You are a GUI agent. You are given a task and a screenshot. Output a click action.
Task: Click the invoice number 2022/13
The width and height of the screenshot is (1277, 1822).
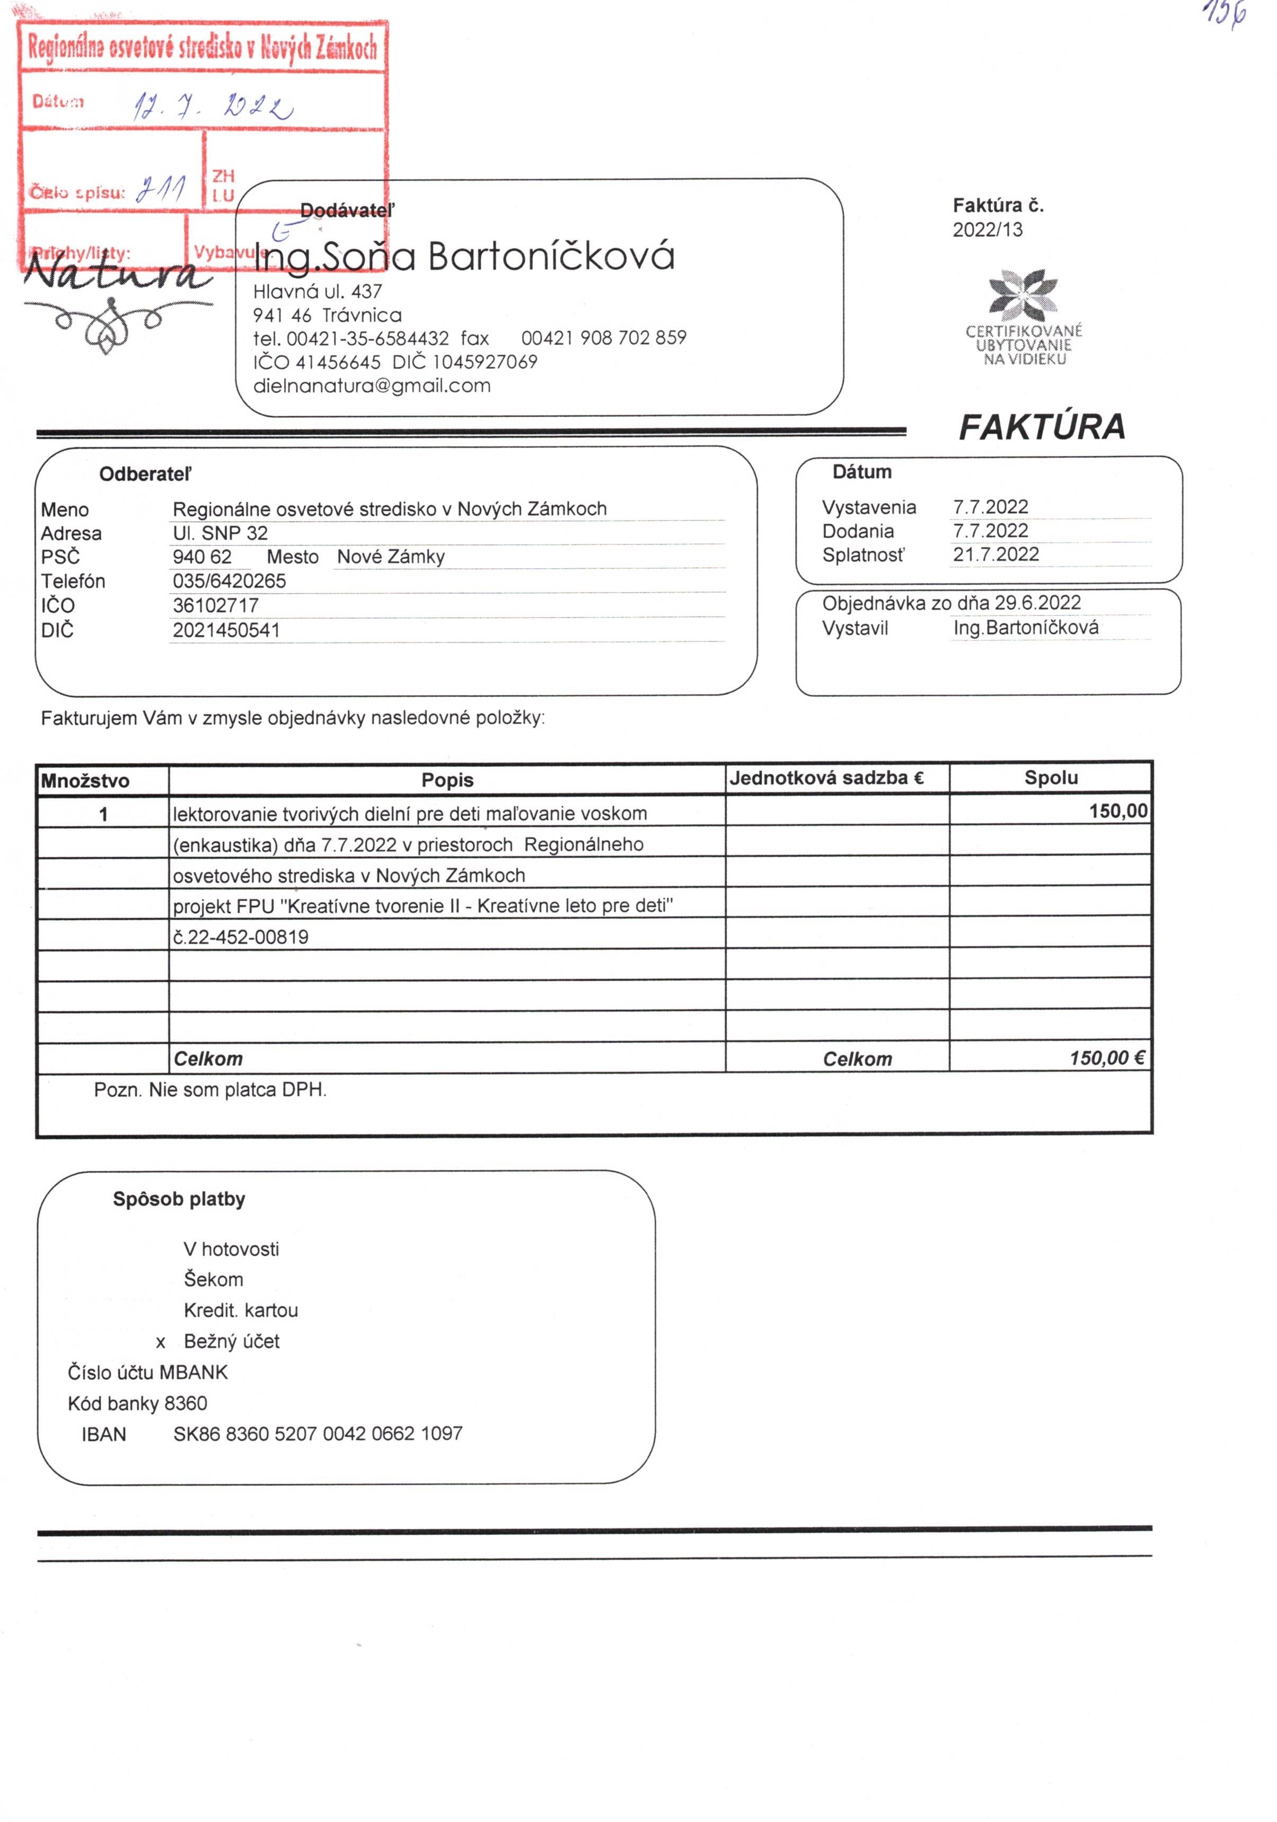pos(988,230)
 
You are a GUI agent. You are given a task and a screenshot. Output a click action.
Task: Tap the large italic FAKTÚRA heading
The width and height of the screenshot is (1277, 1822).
pos(1041,427)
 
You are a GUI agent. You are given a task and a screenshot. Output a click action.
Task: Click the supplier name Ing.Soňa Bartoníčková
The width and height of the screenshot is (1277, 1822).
pos(464,257)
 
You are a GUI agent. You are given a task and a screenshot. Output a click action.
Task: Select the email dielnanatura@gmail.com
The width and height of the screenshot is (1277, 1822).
pos(372,386)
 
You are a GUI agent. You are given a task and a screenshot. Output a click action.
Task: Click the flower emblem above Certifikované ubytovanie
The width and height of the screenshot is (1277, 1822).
pos(1023,294)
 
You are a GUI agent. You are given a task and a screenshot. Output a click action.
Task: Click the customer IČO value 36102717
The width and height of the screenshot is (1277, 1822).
pos(215,605)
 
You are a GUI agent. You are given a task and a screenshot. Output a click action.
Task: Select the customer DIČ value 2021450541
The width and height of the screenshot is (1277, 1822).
pos(226,631)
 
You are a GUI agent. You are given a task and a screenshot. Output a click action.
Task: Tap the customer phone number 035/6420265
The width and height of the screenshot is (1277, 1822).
pos(230,581)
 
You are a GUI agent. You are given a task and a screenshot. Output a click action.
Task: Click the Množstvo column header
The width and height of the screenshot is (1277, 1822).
pos(85,781)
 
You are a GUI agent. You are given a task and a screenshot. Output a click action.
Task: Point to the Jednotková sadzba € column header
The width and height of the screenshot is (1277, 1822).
pos(826,778)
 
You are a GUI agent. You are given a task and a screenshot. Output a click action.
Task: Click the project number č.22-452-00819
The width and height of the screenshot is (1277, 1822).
pos(241,937)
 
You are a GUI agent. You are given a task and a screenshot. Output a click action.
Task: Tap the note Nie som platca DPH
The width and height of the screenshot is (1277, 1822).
pos(237,1089)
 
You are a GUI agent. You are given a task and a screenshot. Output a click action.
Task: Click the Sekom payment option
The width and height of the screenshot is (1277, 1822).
pos(214,1279)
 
